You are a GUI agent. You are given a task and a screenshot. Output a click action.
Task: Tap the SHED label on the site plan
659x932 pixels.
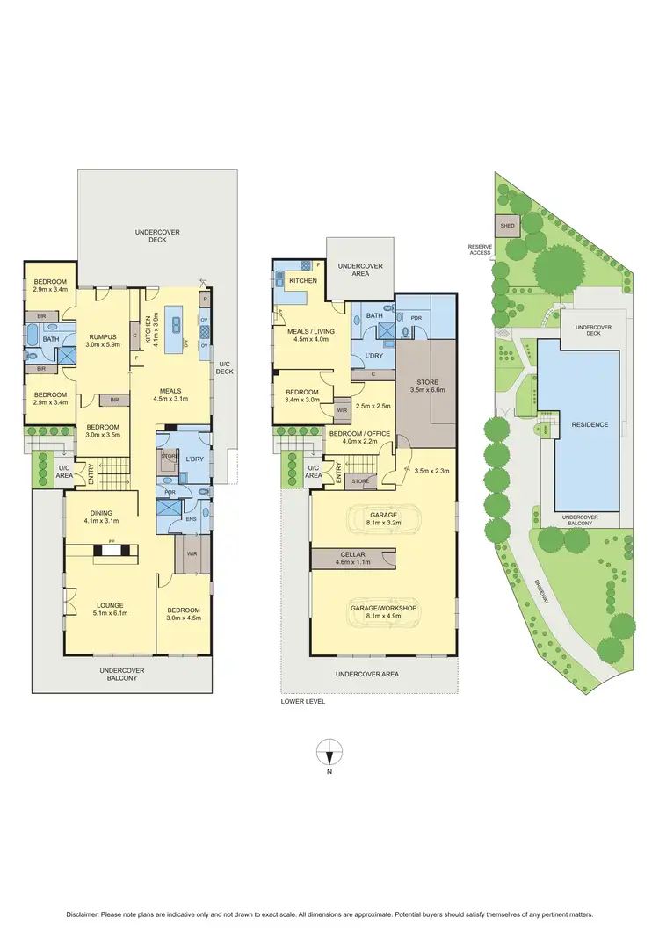tap(507, 226)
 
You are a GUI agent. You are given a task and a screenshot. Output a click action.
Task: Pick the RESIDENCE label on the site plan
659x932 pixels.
tap(590, 424)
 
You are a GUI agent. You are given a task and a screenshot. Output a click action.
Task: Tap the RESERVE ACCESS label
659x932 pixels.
tap(479, 250)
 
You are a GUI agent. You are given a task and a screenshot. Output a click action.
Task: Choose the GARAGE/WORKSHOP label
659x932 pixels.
tap(384, 609)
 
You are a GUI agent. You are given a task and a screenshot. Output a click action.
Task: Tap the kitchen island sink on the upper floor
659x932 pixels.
tap(176, 323)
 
